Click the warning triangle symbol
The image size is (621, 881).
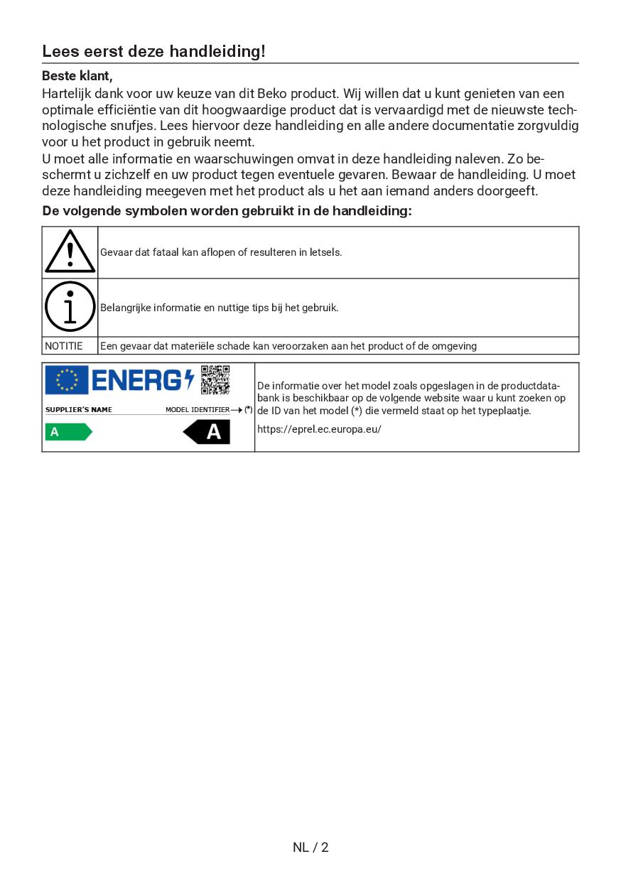pos(70,253)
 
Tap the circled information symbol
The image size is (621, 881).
pos(70,307)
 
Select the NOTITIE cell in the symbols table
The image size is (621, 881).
pos(64,346)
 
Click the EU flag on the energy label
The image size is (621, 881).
pos(66,380)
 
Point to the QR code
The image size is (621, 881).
pos(215,380)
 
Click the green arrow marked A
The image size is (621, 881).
pos(68,431)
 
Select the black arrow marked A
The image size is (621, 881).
pos(207,431)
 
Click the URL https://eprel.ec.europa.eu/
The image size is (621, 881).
pos(319,429)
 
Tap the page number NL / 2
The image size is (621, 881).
pos(310,847)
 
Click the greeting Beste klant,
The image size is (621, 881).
pos(77,75)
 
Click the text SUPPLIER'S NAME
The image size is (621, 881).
pos(79,410)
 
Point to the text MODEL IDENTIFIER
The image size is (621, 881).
pos(198,410)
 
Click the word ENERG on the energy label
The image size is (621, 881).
pos(137,381)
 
